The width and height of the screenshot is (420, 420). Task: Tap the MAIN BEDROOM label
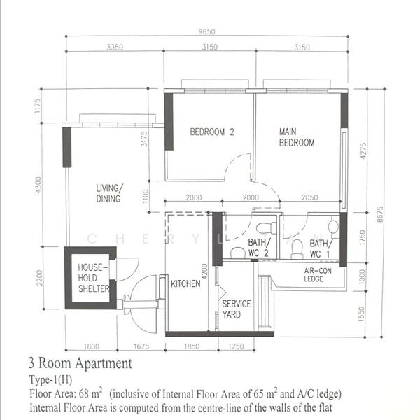click(296, 136)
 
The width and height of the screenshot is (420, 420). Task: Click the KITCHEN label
click(185, 283)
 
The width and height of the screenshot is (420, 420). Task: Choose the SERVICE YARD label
click(237, 309)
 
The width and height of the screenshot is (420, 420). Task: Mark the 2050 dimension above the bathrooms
click(309, 198)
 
